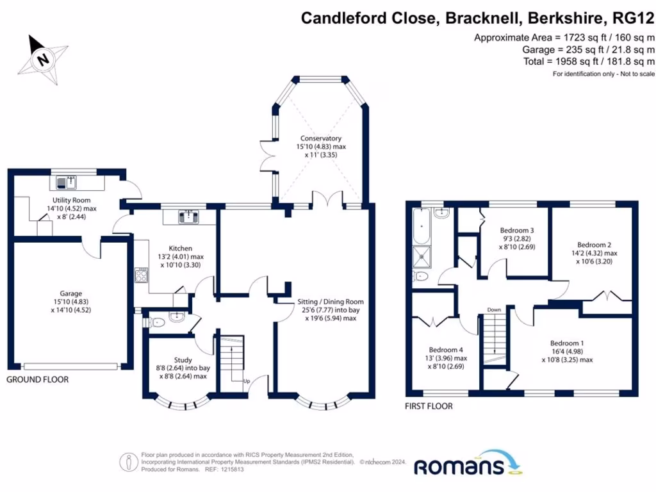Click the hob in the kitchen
(x=142, y=276)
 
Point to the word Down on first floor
(x=494, y=310)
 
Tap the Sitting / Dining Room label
(x=330, y=302)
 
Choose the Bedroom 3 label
(x=517, y=231)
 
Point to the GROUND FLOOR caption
(x=37, y=380)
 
